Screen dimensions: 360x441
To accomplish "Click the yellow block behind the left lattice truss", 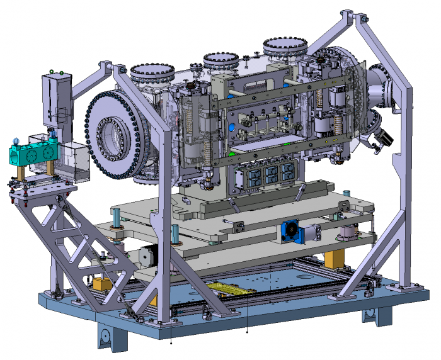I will [x=101, y=284].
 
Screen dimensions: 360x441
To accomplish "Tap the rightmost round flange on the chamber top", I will [x=285, y=47].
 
